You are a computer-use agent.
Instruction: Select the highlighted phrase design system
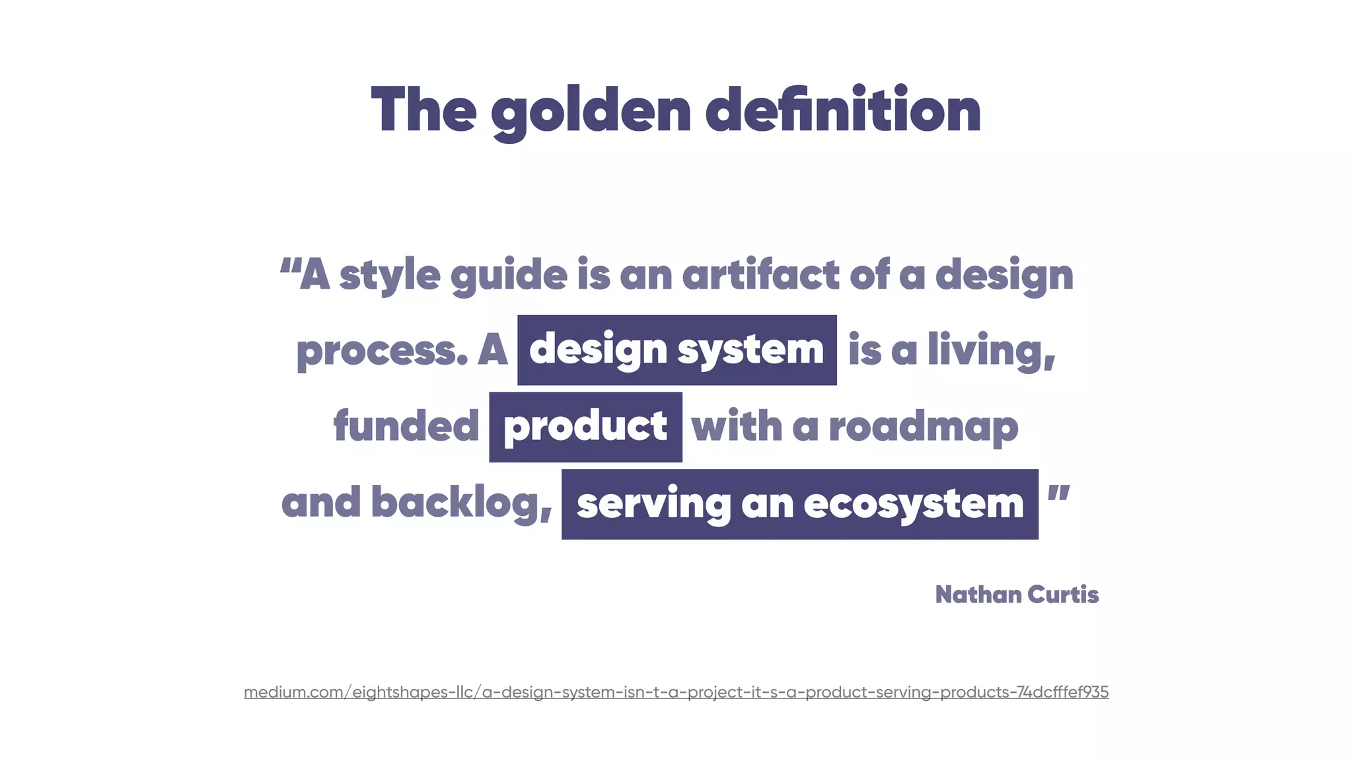(676, 349)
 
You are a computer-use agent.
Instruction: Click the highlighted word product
(585, 427)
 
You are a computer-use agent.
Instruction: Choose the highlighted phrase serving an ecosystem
(799, 504)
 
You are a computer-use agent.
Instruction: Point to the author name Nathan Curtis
(1017, 595)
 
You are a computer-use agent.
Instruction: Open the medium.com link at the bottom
(676, 692)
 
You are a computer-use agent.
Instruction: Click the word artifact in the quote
(760, 274)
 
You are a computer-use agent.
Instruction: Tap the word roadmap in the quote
(923, 427)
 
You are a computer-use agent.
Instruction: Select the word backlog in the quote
(461, 503)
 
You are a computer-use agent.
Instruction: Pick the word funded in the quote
(406, 426)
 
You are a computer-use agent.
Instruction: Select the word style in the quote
(390, 275)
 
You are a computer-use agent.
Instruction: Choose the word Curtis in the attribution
(1063, 595)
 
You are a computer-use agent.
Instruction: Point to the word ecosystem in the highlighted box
(913, 504)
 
